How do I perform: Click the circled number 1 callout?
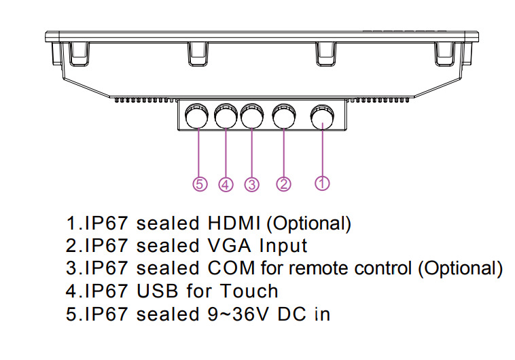click(323, 183)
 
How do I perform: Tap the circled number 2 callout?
click(284, 183)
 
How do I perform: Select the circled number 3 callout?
click(252, 184)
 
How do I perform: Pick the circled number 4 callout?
click(226, 184)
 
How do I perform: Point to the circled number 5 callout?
click(199, 184)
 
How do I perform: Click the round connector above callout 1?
click(322, 117)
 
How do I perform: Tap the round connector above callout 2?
click(283, 117)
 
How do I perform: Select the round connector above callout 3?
click(251, 117)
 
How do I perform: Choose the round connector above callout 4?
click(225, 117)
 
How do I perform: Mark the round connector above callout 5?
click(198, 117)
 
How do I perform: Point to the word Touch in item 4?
click(249, 291)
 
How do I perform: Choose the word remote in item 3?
click(318, 268)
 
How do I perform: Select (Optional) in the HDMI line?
click(307, 223)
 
